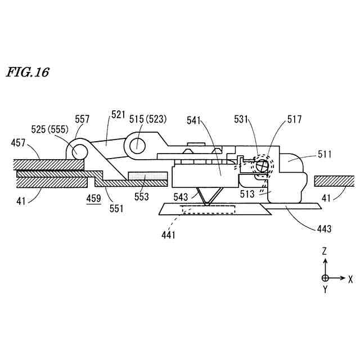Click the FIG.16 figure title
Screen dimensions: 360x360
pyautogui.click(x=28, y=73)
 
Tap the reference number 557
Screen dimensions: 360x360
pyautogui.click(x=83, y=119)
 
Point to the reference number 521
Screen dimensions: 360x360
pyautogui.click(x=118, y=115)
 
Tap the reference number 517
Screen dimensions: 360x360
pyautogui.click(x=294, y=119)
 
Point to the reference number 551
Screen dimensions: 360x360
pyautogui.click(x=116, y=208)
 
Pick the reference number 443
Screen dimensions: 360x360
pyautogui.click(x=324, y=228)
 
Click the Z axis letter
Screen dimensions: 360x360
pyautogui.click(x=325, y=251)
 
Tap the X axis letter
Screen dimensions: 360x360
pyautogui.click(x=350, y=278)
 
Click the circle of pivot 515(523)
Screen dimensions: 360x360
pyautogui.click(x=137, y=145)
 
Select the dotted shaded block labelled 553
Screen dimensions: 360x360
pyautogui.click(x=148, y=176)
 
